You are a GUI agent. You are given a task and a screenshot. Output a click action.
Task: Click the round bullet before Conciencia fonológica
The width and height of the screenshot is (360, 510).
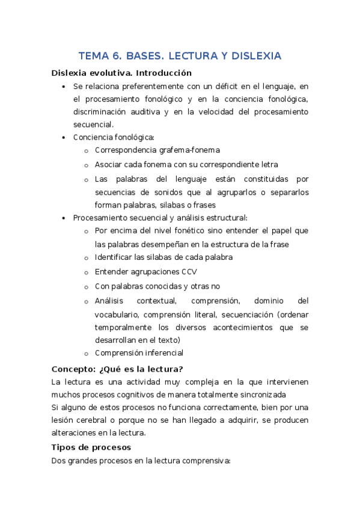click(x=64, y=138)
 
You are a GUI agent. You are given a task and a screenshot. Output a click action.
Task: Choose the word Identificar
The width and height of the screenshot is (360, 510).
click(x=117, y=257)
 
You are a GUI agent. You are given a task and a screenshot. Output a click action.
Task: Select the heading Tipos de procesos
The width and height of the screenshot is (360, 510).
click(x=91, y=447)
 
